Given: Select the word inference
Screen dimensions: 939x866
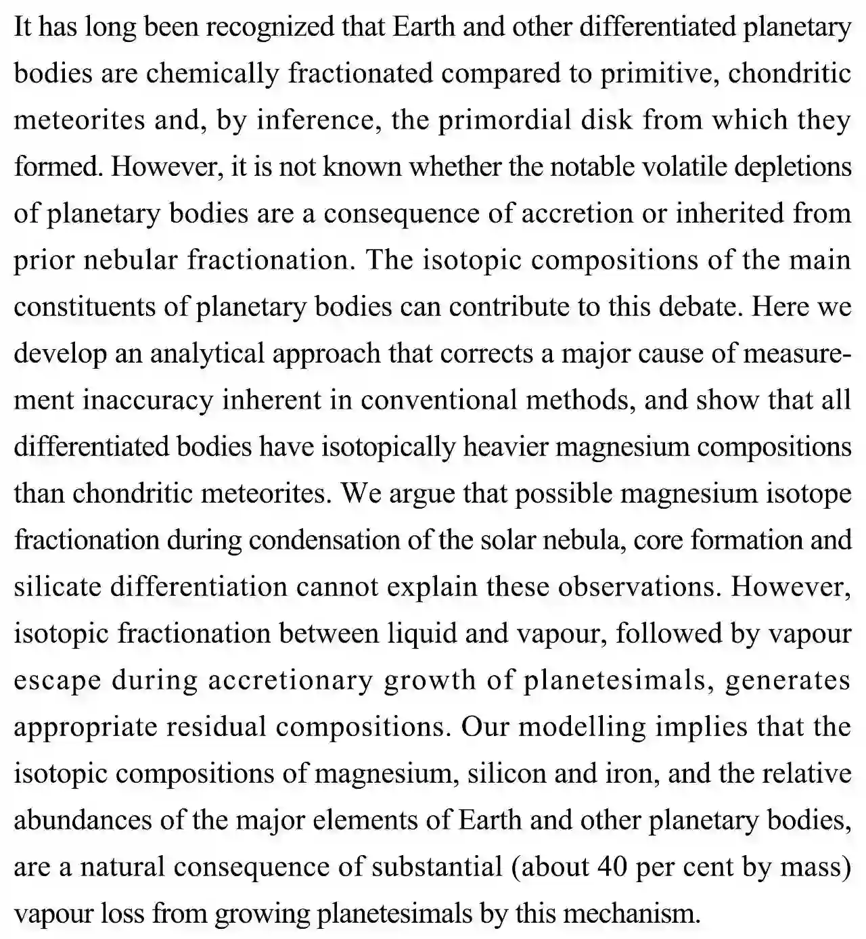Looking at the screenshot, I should pos(308,120).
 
